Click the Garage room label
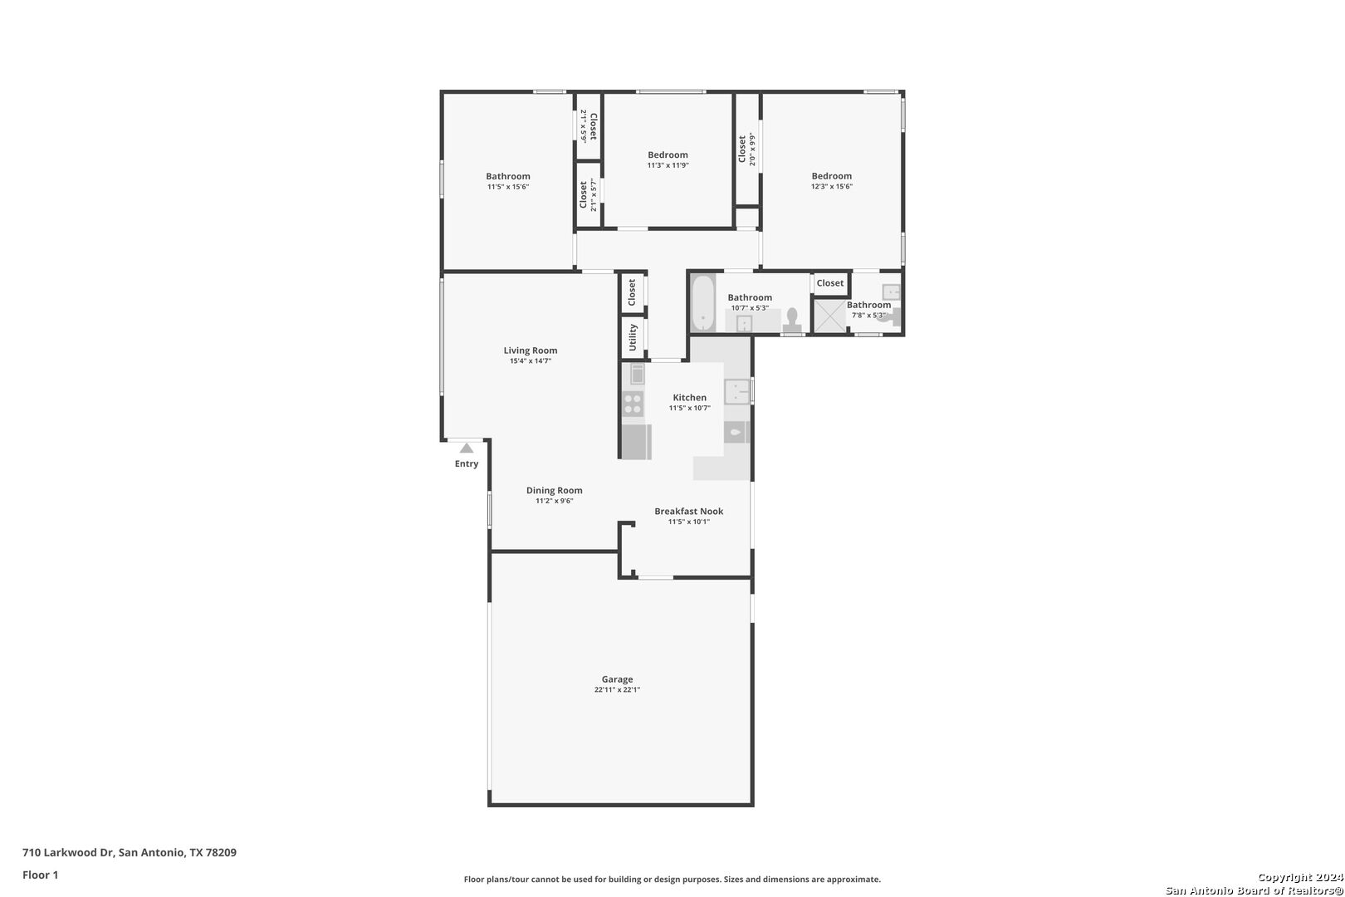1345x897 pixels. tap(617, 679)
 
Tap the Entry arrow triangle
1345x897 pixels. tap(467, 448)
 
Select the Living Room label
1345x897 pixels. tap(531, 350)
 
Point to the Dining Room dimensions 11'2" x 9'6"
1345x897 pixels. tap(555, 501)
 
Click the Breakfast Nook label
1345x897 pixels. tap(689, 512)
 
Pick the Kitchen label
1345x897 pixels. tap(689, 398)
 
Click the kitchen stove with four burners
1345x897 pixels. tap(633, 404)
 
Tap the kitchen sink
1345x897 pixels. tap(737, 392)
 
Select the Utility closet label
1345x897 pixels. tap(633, 338)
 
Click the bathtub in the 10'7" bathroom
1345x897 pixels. tap(702, 302)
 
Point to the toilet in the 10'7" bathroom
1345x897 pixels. tap(792, 321)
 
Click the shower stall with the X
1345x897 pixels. tap(829, 316)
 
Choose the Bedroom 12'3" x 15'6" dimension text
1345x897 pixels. tap(832, 187)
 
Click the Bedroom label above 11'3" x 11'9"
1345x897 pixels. tap(668, 155)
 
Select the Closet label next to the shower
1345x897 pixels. tap(829, 283)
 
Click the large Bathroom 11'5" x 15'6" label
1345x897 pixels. tap(508, 177)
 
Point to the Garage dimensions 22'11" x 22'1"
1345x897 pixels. tap(617, 689)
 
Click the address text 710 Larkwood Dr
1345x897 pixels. tap(68, 852)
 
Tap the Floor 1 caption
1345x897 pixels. tap(40, 875)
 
